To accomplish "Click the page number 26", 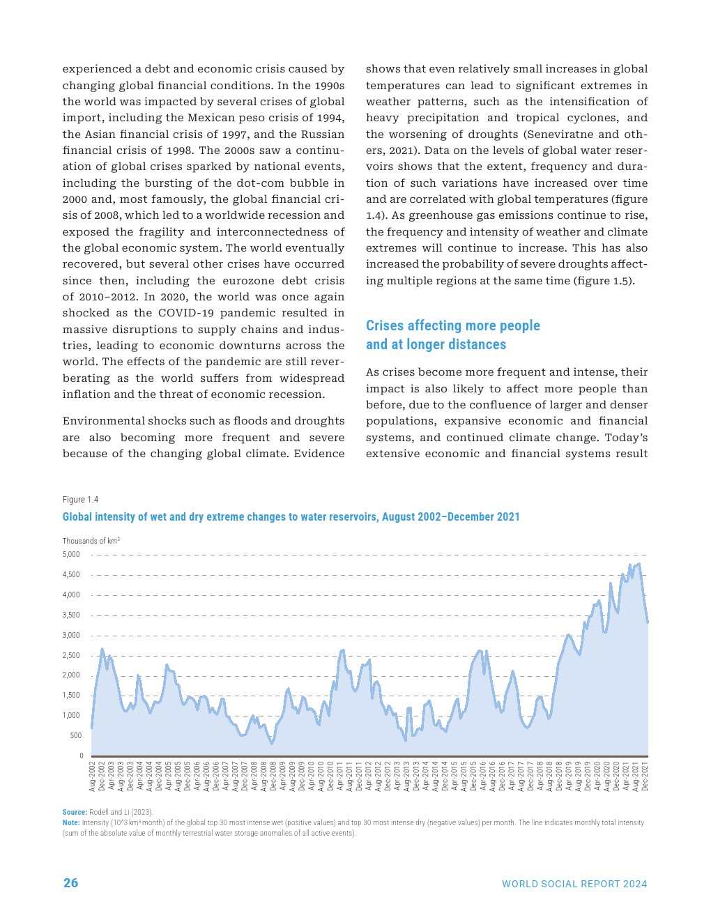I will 70,883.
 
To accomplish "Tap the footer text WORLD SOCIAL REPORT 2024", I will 574,884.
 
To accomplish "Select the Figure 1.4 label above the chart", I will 80,500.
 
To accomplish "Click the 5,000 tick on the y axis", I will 71,555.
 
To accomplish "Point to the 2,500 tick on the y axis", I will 71,656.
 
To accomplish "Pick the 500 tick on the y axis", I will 75,736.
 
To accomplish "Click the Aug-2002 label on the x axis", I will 93,776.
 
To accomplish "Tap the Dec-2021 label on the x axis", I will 645,776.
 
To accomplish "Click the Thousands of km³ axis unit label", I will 91,541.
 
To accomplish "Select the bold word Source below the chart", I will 74,812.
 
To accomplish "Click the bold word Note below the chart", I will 70,822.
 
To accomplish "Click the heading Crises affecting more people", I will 452,325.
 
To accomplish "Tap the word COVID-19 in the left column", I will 191,313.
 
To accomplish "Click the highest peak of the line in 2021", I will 639,563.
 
